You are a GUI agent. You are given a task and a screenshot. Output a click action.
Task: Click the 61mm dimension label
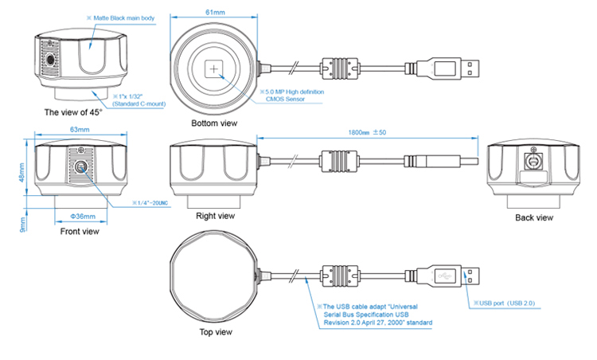214,10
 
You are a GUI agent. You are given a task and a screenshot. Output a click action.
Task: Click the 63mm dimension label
78,129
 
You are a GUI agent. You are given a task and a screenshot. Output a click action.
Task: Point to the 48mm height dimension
23,170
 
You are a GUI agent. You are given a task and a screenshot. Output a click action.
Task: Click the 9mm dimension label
23,225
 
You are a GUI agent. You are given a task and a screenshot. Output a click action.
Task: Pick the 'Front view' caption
80,232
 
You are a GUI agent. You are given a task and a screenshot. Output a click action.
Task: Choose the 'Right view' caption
215,216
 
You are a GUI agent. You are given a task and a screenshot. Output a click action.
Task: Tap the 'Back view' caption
534,217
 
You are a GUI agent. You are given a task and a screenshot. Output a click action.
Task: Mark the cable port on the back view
533,160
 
